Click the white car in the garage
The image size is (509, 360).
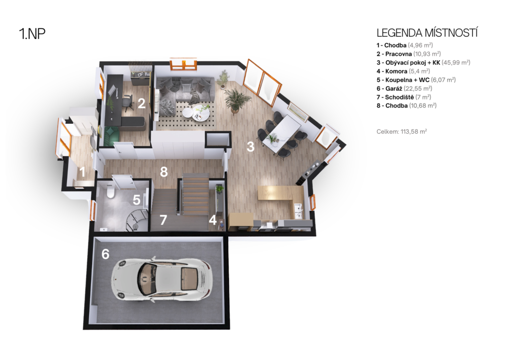tap(162, 278)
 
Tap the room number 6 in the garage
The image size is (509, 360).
tap(105, 254)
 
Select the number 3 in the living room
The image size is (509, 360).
tap(251, 147)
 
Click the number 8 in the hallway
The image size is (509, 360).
tap(164, 172)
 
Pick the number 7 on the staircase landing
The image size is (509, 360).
tap(163, 220)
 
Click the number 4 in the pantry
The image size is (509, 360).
tap(213, 220)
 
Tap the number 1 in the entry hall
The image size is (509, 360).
tap(83, 172)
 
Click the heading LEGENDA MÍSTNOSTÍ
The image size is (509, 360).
tap(427, 33)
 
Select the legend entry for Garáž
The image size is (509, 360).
tap(404, 89)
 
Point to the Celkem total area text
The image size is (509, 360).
tap(402, 131)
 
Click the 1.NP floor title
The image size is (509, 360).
tap(32, 33)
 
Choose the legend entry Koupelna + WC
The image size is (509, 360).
tap(416, 80)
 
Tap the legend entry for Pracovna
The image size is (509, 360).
tap(409, 54)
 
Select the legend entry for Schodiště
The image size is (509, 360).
tap(404, 97)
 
